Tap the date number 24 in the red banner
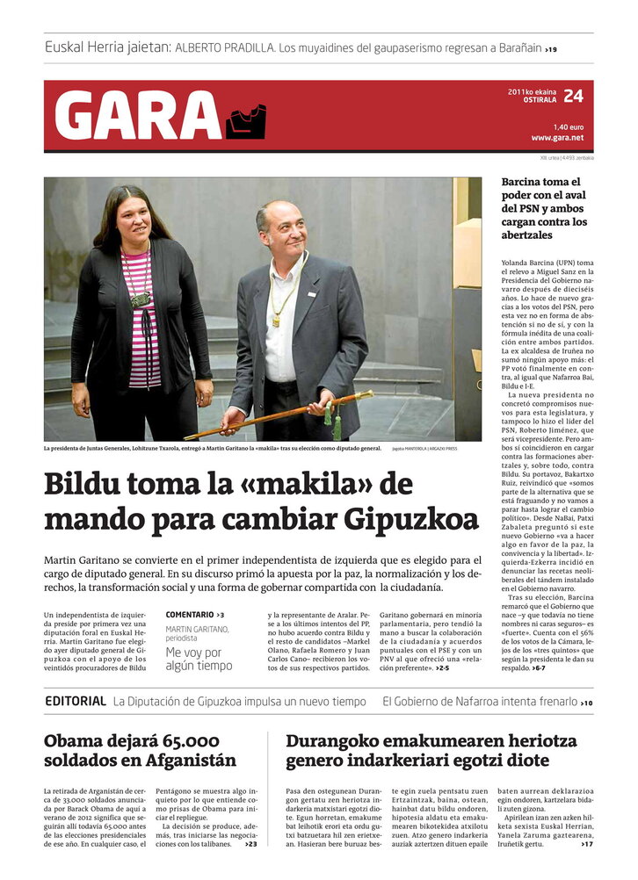(x=573, y=96)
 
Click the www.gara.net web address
(x=557, y=138)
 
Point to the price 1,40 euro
(x=568, y=126)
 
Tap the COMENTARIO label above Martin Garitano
(x=190, y=615)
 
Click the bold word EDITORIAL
(x=76, y=702)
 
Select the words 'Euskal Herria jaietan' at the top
(x=107, y=47)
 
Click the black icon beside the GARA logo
(x=245, y=121)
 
